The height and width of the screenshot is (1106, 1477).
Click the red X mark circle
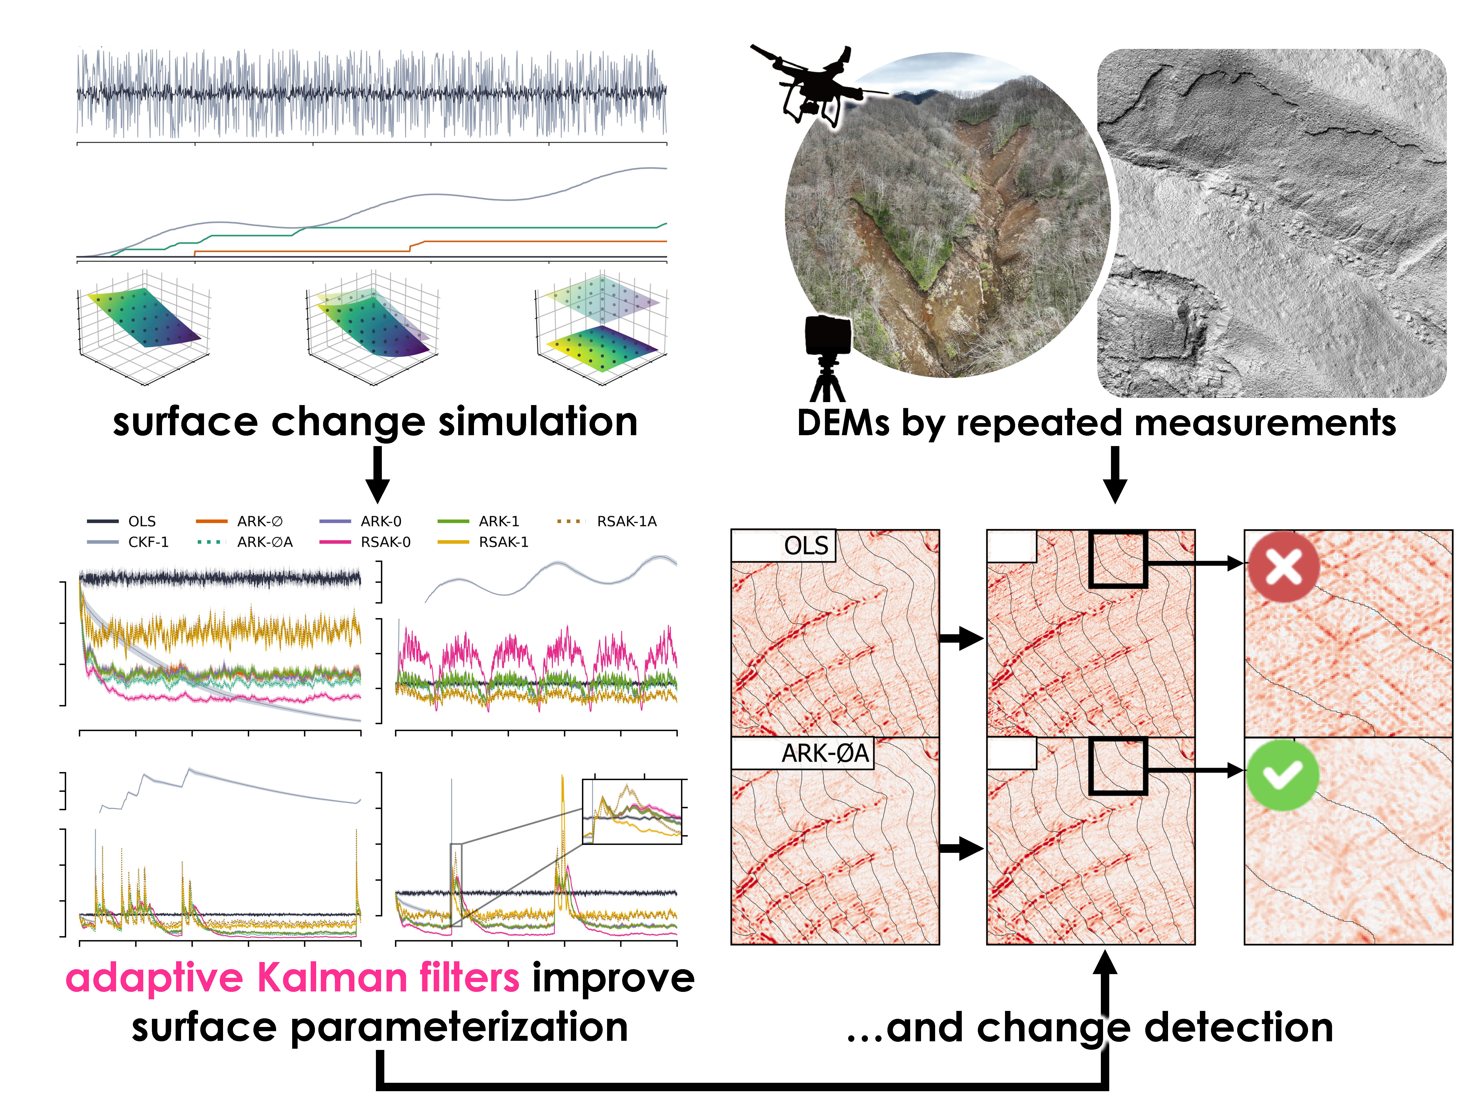(x=1283, y=566)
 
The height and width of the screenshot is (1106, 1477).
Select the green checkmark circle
(x=1281, y=775)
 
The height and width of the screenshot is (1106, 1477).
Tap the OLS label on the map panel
(x=806, y=546)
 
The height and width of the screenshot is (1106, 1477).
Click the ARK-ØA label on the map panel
(x=825, y=753)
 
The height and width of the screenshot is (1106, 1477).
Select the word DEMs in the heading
(x=843, y=423)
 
